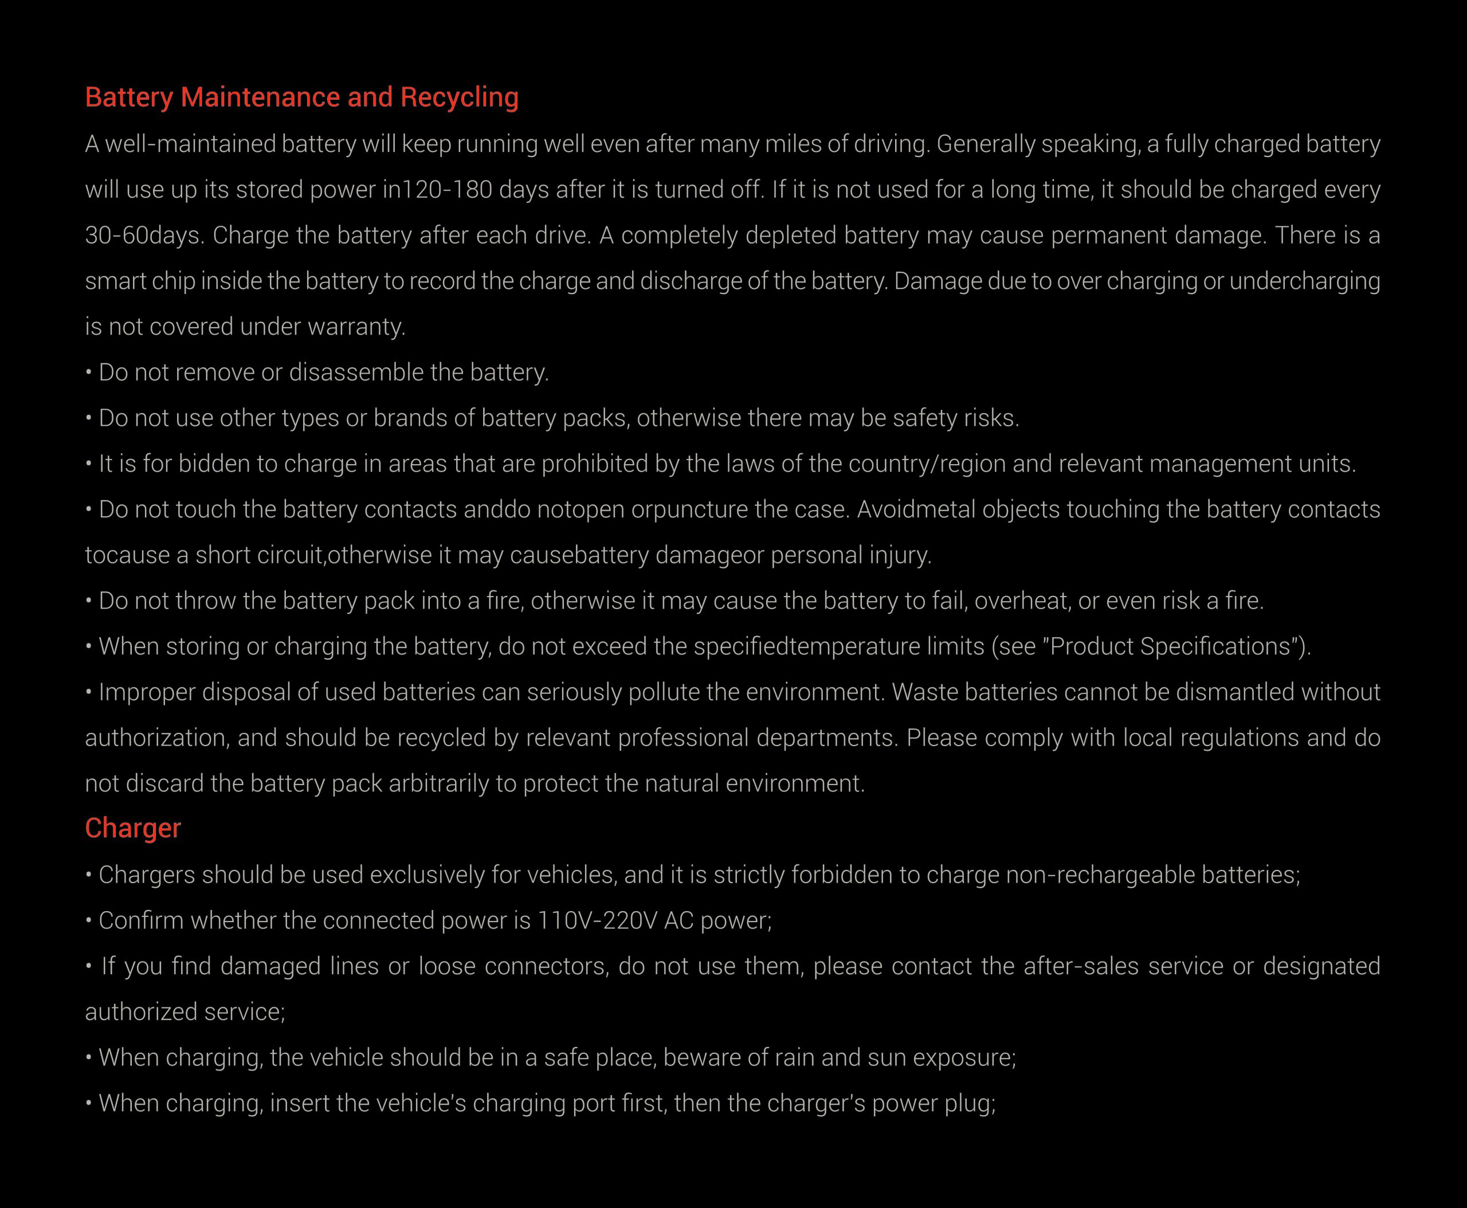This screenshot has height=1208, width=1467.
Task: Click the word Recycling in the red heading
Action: (x=460, y=97)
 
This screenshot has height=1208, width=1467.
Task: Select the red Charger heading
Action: (x=133, y=828)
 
